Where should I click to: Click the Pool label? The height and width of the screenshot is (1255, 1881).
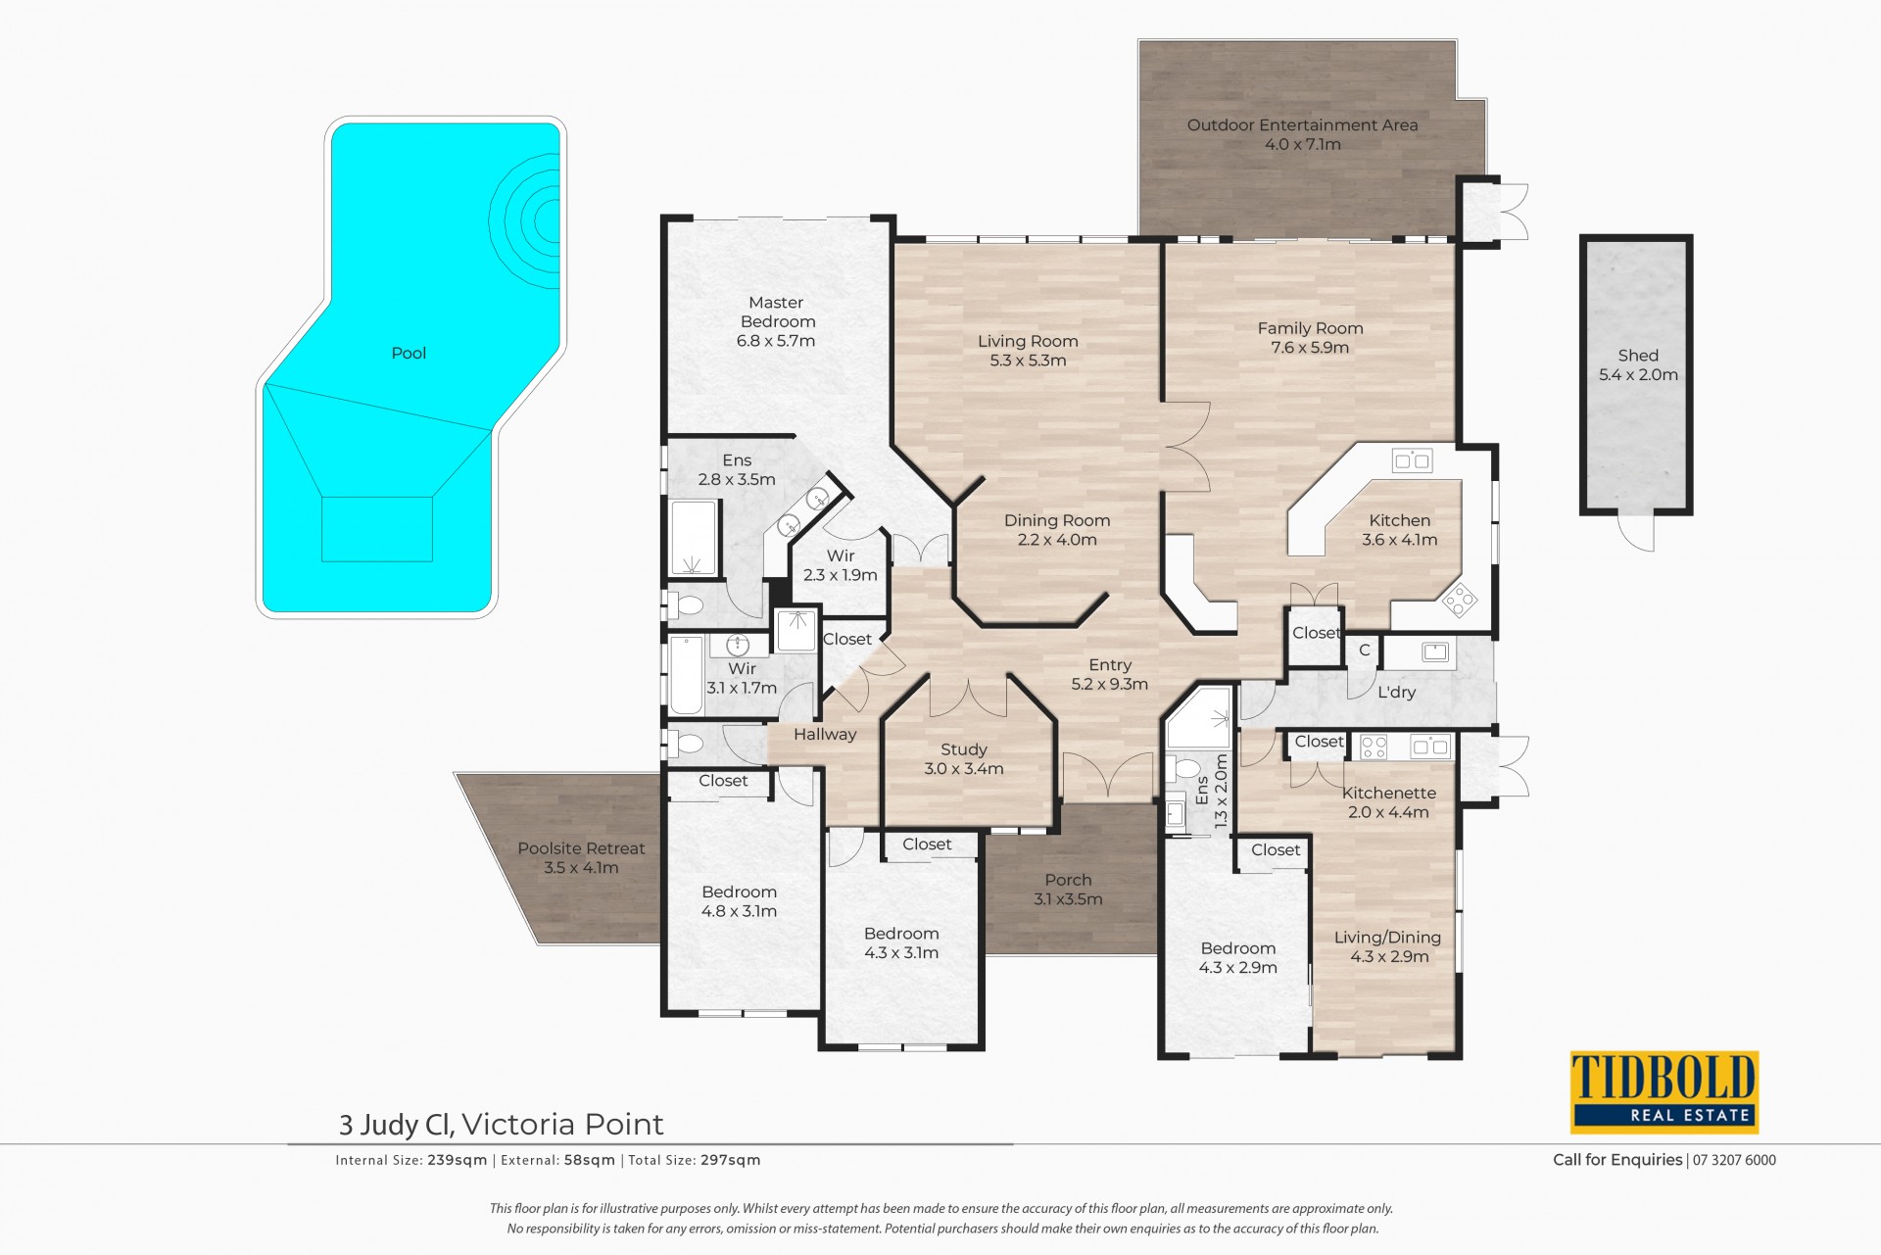point(409,354)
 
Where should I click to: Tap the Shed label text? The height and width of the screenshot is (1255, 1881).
point(1638,356)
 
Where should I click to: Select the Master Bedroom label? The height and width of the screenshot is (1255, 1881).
point(777,313)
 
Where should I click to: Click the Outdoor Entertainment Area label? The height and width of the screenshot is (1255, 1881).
point(1302,125)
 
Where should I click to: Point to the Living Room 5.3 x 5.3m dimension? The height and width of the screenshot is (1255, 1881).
point(1028,361)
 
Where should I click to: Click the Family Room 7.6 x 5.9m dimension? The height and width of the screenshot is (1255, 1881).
point(1310,348)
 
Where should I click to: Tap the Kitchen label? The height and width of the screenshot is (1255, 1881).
point(1399,521)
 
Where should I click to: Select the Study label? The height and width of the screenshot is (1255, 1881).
point(964,750)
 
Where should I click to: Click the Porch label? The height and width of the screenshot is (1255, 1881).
point(1068,881)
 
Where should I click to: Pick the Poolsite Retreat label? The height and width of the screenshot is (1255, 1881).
point(581,849)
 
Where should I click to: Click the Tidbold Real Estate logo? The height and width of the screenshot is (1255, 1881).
point(1664,1092)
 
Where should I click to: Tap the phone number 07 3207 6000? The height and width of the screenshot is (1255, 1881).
point(1734,1160)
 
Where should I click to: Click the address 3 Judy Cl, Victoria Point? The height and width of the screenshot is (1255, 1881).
point(501,1124)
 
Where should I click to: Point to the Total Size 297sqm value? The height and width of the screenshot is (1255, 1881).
point(730,1160)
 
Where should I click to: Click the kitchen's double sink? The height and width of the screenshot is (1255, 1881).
point(1412,459)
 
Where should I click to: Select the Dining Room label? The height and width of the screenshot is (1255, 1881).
point(1057,521)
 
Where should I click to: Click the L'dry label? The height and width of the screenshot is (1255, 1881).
point(1396,693)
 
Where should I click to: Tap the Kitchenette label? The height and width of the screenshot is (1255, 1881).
point(1389,794)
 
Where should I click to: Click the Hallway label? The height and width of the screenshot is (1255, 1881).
point(825,735)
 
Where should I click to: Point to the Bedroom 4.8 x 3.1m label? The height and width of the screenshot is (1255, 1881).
point(739,902)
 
